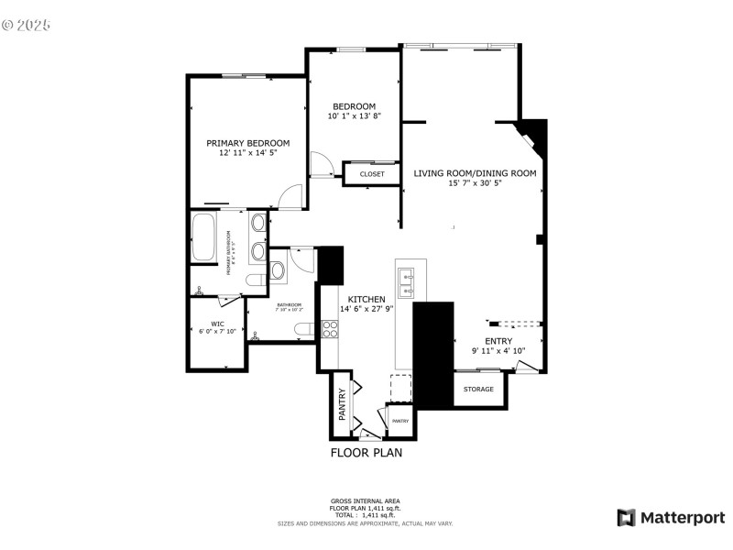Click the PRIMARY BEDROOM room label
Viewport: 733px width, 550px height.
(x=247, y=143)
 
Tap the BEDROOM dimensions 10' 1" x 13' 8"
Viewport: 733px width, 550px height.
(x=354, y=116)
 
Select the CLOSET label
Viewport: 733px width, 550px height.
(x=372, y=173)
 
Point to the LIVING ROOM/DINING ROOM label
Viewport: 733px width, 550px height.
(x=475, y=172)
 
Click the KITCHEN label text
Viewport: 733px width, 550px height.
(x=366, y=299)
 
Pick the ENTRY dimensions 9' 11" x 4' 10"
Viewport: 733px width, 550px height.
(x=498, y=350)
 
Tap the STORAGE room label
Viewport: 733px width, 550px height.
(x=478, y=389)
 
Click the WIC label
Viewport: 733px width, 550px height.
(x=217, y=324)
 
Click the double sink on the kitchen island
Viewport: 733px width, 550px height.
(x=407, y=283)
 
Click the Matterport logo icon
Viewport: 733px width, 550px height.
(x=627, y=518)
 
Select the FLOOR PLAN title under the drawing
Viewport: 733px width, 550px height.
(x=366, y=452)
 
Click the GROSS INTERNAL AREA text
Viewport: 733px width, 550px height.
(x=366, y=500)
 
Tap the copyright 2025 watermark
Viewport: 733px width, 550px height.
(x=26, y=25)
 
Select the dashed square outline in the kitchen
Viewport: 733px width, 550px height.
(x=401, y=385)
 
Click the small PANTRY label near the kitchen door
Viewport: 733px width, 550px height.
(x=400, y=421)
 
